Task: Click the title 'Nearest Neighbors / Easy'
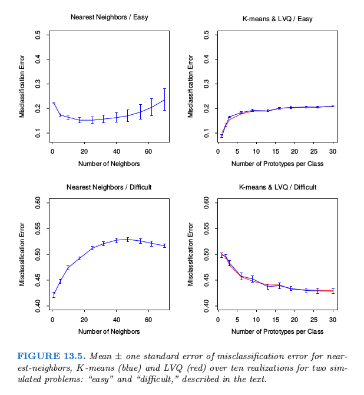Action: click(x=109, y=17)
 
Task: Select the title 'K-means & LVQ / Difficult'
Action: click(x=277, y=187)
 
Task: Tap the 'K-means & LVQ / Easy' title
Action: click(x=277, y=19)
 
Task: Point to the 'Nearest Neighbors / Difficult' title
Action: click(x=109, y=187)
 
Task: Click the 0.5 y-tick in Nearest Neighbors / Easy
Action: click(x=38, y=35)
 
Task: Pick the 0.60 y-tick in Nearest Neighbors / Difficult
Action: click(x=38, y=203)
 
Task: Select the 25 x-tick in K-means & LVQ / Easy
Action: click(x=313, y=151)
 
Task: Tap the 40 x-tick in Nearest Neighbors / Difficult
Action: click(x=116, y=320)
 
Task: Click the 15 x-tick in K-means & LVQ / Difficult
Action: click(x=276, y=320)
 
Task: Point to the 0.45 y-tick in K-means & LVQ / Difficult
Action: click(x=206, y=280)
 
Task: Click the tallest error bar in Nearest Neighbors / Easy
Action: click(x=164, y=99)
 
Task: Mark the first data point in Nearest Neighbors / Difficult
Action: click(x=54, y=295)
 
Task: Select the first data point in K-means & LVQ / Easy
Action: click(x=221, y=136)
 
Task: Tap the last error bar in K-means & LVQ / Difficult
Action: click(x=333, y=291)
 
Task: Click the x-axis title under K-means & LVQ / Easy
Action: click(x=277, y=164)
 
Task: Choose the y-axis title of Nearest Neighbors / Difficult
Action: click(x=22, y=254)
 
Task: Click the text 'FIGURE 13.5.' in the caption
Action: click(x=51, y=356)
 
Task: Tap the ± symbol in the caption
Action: click(x=118, y=357)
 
